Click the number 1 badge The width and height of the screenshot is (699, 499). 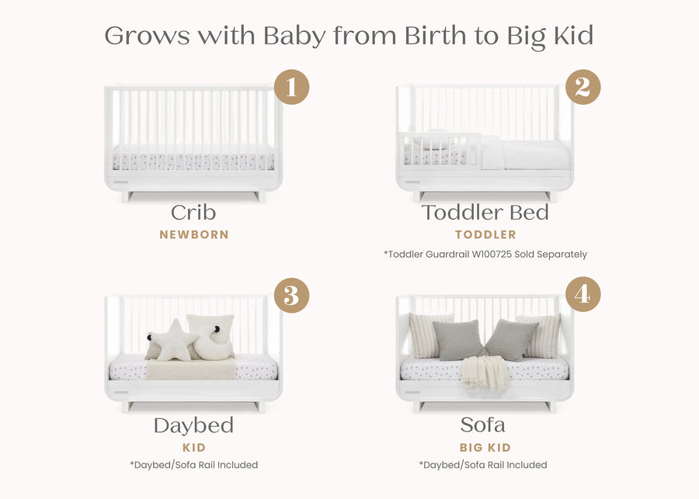291,87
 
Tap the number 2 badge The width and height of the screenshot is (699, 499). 582,87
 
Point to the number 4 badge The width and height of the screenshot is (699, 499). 582,295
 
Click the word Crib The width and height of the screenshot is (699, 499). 193,213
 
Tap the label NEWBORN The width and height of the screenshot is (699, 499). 194,234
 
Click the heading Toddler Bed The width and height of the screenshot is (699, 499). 485,213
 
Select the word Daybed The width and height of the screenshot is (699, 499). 193,425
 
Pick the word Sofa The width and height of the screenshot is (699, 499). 482,425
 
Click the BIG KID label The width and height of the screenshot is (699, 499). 485,448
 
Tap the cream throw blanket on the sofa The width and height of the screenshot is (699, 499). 485,372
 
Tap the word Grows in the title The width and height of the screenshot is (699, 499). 147,35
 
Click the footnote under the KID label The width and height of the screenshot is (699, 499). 193,465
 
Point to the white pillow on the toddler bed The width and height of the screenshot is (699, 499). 492,152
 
